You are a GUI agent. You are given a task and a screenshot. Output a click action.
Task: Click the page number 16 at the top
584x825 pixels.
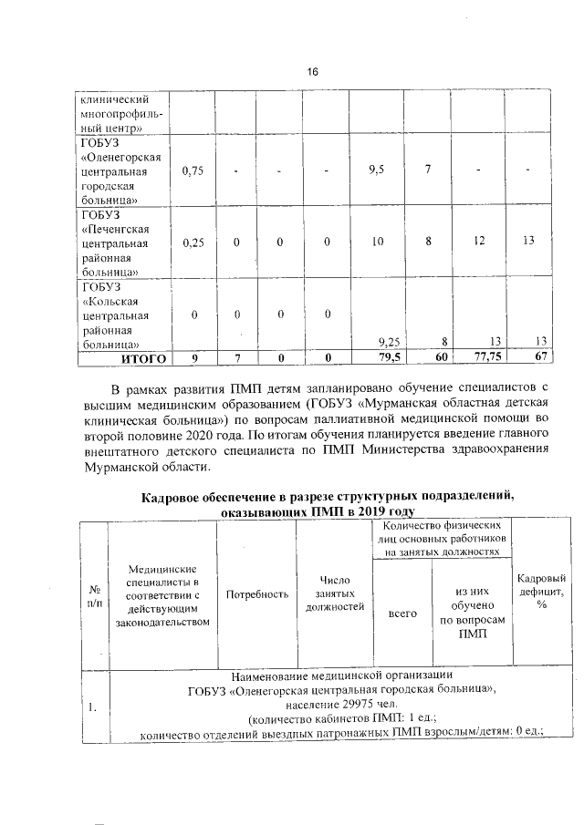pyautogui.click(x=311, y=72)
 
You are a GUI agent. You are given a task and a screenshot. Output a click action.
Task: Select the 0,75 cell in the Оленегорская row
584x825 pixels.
pyautogui.click(x=192, y=170)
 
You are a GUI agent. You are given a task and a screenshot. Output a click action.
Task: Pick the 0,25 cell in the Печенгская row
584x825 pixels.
pyautogui.click(x=192, y=242)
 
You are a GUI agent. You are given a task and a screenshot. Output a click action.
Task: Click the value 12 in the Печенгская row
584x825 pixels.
pyautogui.click(x=493, y=242)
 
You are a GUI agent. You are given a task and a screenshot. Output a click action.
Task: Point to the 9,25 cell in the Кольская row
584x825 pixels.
pyautogui.click(x=389, y=342)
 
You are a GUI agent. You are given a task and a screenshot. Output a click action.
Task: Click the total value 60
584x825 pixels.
pyautogui.click(x=441, y=358)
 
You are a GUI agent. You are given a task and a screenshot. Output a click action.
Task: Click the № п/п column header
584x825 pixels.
pyautogui.click(x=93, y=594)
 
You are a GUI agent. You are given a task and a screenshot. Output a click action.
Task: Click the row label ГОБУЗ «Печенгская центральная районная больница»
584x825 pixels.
pyautogui.click(x=121, y=242)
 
